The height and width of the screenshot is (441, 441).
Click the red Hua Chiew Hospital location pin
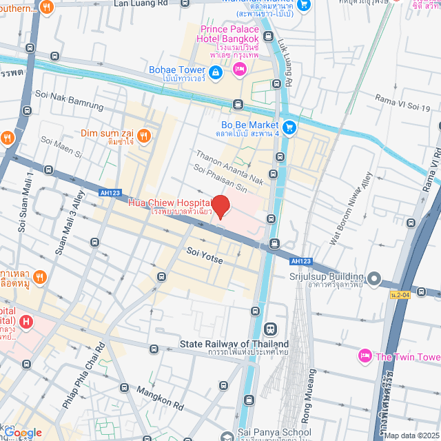(220, 207)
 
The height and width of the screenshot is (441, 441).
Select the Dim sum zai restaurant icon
(144, 135)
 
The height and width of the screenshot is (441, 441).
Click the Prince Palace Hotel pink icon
(240, 68)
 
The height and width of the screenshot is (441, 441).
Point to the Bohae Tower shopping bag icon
(215, 71)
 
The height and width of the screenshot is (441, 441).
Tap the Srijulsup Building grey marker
(374, 278)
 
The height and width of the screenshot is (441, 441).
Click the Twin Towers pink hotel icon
(365, 356)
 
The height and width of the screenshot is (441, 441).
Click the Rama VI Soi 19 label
(403, 103)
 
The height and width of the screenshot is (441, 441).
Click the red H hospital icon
(26, 322)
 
